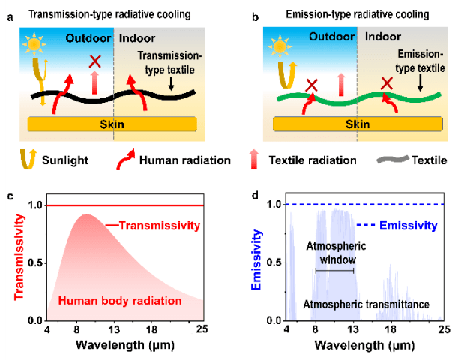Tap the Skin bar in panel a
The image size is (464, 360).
click(113, 124)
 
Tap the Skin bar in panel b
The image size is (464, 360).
click(355, 124)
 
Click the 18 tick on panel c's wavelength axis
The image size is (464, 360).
click(154, 329)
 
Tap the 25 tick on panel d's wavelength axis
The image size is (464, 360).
click(444, 329)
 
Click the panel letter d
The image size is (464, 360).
click(256, 196)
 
